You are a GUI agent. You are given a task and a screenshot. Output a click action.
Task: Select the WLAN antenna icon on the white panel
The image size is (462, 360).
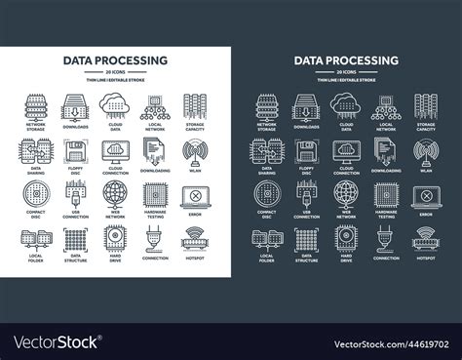191,150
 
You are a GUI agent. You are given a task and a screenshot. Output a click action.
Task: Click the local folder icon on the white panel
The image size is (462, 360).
35,237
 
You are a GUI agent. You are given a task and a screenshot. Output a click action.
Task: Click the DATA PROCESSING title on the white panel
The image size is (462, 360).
114,60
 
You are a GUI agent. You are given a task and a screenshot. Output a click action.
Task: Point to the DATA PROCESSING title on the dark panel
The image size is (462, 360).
347,60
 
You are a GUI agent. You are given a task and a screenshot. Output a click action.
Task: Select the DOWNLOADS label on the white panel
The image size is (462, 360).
74,127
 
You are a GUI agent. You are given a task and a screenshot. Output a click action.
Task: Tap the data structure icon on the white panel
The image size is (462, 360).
74,237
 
